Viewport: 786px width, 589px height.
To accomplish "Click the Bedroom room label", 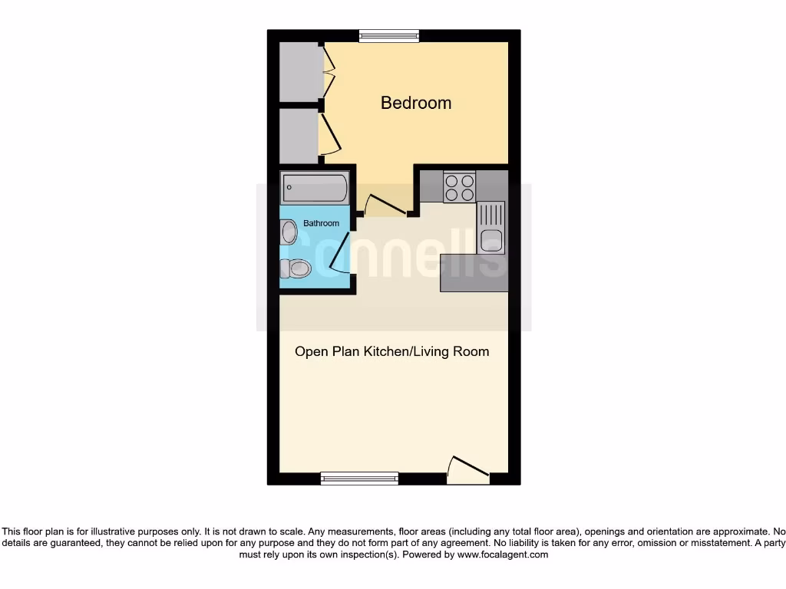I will (416, 103).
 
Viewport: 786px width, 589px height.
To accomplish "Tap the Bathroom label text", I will (321, 223).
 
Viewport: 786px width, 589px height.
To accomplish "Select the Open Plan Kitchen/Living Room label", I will (392, 351).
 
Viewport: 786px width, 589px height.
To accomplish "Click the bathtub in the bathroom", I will (315, 186).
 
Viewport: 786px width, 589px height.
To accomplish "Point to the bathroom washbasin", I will (289, 232).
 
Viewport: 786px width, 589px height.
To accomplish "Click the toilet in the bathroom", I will (296, 268).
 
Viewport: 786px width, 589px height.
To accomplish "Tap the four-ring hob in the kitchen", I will (460, 187).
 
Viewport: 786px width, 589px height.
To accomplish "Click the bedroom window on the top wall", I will (389, 35).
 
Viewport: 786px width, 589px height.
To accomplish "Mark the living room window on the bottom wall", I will (359, 479).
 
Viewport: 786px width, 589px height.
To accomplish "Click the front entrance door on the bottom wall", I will (468, 472).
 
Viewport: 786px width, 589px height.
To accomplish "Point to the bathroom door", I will (339, 258).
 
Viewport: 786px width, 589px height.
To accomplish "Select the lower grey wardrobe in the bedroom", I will (299, 136).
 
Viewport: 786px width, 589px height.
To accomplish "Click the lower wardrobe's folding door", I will (329, 135).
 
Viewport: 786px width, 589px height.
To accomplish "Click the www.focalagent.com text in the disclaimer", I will (504, 554).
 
